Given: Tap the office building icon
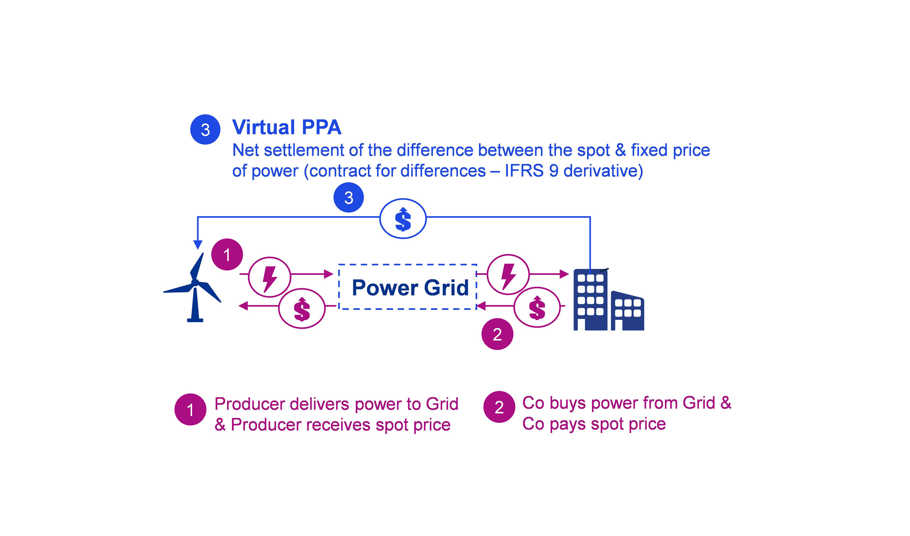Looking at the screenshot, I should coord(607,300).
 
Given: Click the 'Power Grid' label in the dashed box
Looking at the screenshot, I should coord(410,288).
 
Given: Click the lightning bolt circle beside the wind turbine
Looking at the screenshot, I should coord(270,277).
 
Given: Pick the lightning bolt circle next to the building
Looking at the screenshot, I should coord(508,275).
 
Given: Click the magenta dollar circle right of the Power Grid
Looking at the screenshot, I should coord(537,307).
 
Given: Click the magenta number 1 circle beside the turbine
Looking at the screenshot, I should coord(227,255).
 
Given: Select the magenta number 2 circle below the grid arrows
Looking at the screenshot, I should coord(497,334).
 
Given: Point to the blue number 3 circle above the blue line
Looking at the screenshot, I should coord(349,198).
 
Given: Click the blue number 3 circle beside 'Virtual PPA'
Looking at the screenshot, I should coord(205,130).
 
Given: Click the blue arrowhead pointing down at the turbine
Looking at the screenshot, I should coord(198,245).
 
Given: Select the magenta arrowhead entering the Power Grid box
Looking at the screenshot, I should coord(329,274).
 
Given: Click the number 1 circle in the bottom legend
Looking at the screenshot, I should coord(190,410).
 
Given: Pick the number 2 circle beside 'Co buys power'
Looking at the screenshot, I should coord(499,407).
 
